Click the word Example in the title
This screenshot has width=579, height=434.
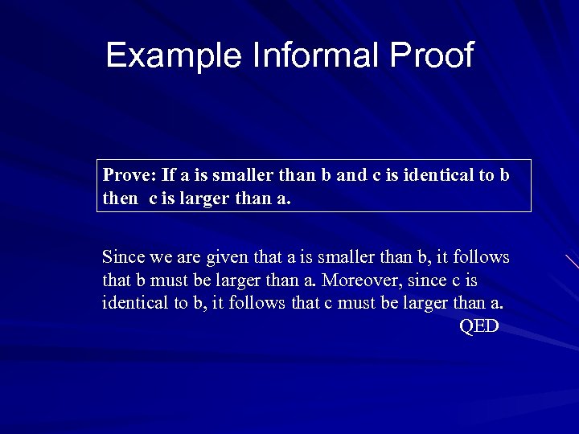[x=175, y=55]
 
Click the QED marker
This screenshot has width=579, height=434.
[x=479, y=326]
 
